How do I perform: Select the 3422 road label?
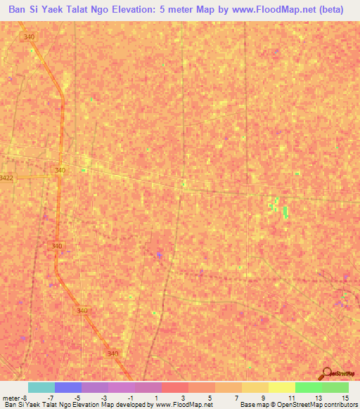pos(6,178)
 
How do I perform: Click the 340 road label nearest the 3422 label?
pos(60,170)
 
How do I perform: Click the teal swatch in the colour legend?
pos(41,387)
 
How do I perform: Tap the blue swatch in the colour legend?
pos(68,387)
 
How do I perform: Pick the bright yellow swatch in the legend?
pos(281,387)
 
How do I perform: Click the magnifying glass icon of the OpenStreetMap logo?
pos(325,373)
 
